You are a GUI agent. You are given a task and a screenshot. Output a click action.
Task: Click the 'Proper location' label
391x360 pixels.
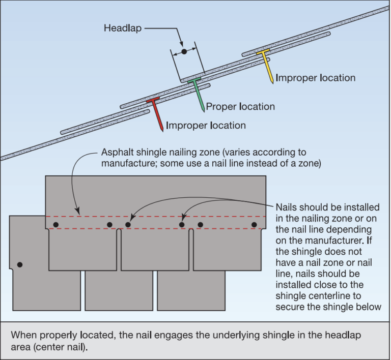240,107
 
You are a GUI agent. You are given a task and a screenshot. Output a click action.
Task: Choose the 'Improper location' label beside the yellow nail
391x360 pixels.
315,78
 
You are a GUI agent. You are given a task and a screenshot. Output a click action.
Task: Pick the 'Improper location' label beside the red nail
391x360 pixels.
206,125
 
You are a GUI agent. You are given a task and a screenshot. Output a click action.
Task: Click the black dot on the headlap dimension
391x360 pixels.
184,52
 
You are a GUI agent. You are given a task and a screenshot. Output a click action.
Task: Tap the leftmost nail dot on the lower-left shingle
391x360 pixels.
20,264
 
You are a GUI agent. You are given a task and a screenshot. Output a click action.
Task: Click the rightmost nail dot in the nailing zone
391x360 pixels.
254,224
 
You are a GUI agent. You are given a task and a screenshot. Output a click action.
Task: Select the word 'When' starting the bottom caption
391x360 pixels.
23,336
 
